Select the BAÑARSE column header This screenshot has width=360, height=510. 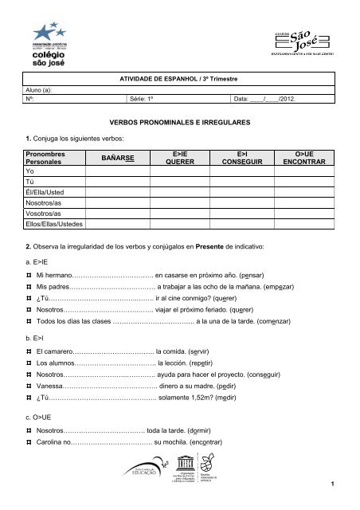click(117, 159)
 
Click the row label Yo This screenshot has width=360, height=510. click(31, 171)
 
